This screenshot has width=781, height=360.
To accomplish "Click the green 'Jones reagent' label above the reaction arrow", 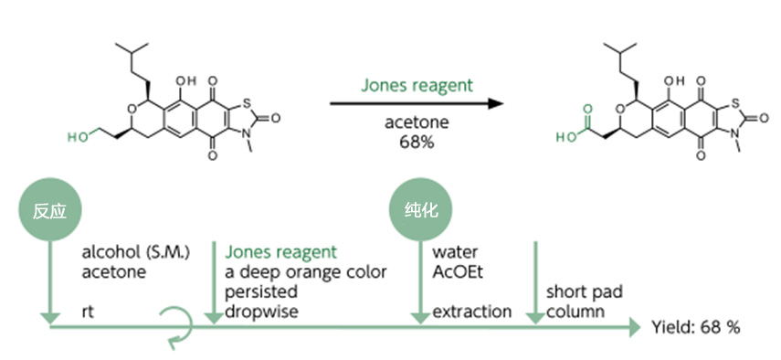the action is (417, 86).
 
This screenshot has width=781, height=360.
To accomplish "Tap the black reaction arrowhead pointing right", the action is (496, 103).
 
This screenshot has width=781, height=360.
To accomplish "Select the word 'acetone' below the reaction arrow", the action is (417, 122).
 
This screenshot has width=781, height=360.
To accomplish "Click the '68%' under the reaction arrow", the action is (417, 143).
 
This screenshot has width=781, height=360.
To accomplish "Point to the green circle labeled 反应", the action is (50, 210).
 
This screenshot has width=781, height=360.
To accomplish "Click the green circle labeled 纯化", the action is (420, 210).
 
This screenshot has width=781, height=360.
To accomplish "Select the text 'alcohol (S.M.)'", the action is (136, 252).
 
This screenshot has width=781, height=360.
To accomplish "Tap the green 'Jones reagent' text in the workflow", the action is (281, 252).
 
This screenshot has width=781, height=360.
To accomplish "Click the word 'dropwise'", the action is (261, 312).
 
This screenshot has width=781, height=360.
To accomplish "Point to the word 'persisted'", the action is (261, 291).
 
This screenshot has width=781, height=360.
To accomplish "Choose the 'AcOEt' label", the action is (458, 272).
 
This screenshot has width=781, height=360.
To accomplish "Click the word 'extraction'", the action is (471, 312).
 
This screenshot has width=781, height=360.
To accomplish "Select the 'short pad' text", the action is (585, 291).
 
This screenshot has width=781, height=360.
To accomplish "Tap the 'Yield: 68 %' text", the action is (696, 328).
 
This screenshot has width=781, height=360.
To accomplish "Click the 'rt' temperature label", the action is (88, 312).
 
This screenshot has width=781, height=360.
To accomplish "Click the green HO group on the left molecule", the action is (78, 137).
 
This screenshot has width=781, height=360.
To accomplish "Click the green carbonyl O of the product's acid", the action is (587, 109).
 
